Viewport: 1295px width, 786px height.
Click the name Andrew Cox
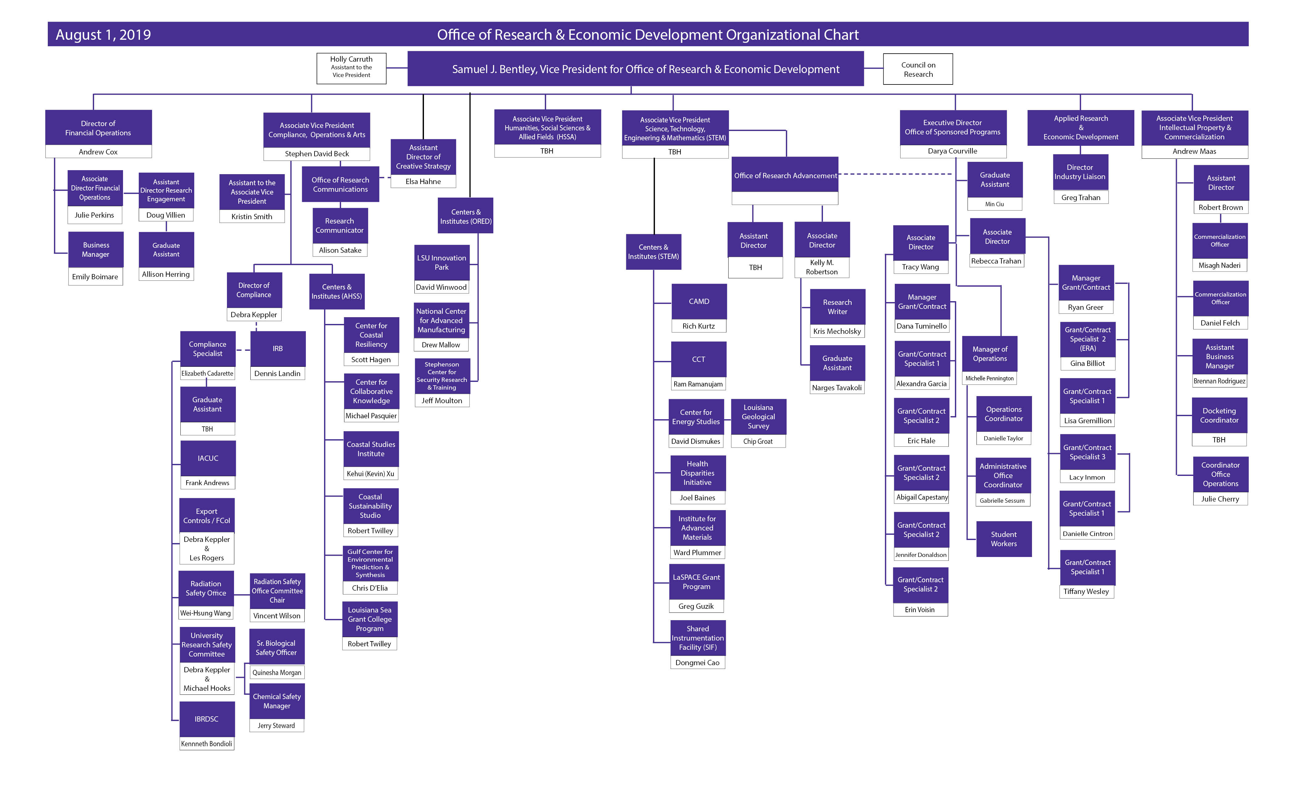tap(98, 152)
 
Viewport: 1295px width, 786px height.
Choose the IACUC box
tap(208, 458)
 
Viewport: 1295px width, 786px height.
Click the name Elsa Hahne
tap(423, 181)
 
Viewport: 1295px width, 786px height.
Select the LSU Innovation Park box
tap(442, 262)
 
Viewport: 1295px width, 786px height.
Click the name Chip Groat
tap(758, 441)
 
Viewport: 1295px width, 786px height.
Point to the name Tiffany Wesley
tap(1086, 592)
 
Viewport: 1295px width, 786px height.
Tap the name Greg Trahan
tap(1081, 198)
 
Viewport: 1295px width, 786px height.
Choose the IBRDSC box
tap(207, 719)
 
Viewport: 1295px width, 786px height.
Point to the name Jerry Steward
tap(277, 726)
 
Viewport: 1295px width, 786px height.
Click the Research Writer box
tap(837, 307)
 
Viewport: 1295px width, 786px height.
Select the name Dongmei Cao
tap(697, 662)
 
